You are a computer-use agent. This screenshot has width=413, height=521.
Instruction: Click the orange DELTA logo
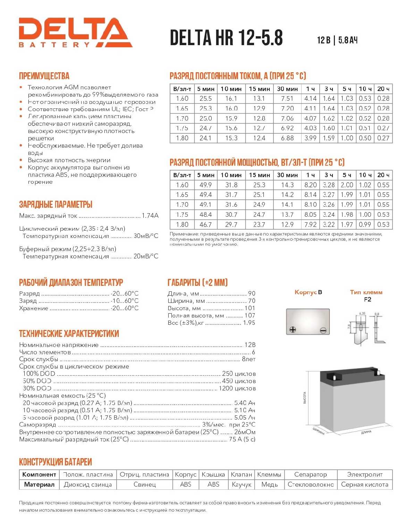[x=75, y=32]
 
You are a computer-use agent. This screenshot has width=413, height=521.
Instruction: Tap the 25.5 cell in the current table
[x=205, y=99]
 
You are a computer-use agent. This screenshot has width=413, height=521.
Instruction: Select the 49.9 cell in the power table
[x=205, y=185]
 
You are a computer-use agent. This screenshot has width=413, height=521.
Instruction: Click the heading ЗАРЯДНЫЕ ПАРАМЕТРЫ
[x=56, y=204]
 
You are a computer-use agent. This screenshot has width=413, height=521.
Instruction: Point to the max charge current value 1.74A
[x=150, y=216]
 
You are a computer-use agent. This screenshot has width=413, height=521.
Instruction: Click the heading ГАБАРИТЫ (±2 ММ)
[x=197, y=282]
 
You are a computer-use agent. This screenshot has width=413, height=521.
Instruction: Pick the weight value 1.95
[x=249, y=323]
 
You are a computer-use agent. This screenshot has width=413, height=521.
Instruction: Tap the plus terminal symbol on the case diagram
[x=293, y=329]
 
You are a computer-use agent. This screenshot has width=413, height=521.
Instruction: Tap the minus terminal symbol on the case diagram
[x=323, y=330]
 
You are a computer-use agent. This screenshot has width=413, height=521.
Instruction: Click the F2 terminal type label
[x=367, y=299]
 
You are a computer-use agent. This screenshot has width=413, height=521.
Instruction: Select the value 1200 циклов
[x=237, y=388]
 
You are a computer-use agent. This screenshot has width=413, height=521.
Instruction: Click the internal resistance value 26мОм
[x=245, y=432]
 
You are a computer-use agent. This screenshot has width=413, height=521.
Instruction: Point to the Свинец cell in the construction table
[x=144, y=485]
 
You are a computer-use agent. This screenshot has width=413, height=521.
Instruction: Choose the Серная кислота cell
[x=364, y=485]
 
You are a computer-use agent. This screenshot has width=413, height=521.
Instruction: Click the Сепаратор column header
[x=310, y=474]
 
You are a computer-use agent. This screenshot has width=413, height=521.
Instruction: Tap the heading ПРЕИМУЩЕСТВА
[x=44, y=76]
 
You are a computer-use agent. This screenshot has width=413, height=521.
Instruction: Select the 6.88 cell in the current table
[x=287, y=138]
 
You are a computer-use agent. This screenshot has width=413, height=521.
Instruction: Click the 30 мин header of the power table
[x=287, y=175]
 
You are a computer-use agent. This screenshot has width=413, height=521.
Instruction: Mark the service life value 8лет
[x=248, y=359]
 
